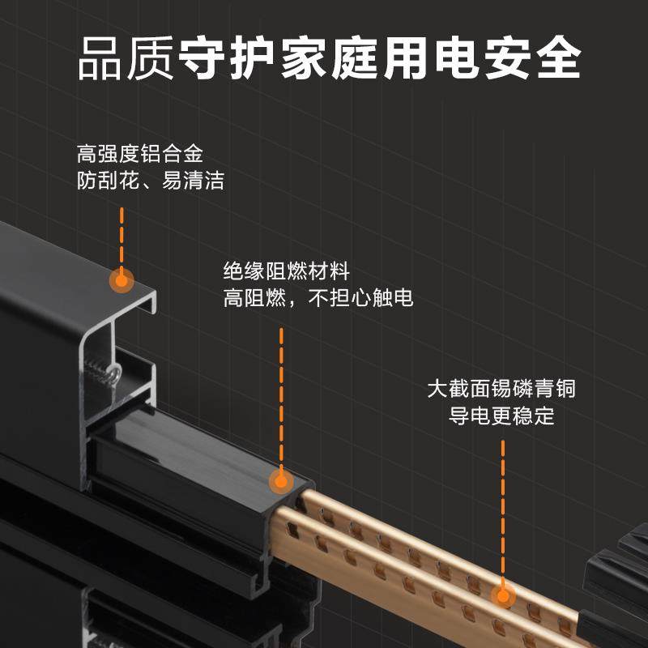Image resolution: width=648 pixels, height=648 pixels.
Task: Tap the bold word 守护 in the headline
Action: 227,58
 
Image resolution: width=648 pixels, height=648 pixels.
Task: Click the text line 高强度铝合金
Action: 139,153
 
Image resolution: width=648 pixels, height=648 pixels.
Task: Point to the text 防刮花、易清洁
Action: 150,180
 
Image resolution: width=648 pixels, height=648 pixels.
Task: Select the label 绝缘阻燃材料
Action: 287,271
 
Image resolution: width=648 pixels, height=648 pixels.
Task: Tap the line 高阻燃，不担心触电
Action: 318,298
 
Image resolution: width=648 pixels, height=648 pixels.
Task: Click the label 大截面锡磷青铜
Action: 501,389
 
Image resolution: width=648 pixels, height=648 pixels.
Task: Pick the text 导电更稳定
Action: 501,416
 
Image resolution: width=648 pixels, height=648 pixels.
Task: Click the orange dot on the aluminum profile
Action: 122,280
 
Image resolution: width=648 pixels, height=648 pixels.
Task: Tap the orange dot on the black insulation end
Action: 281,482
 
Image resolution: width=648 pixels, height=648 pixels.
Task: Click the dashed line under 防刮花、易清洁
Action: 122,235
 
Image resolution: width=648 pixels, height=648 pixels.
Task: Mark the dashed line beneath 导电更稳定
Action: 502,510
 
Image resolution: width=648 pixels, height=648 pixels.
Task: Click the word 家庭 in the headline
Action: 328,58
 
